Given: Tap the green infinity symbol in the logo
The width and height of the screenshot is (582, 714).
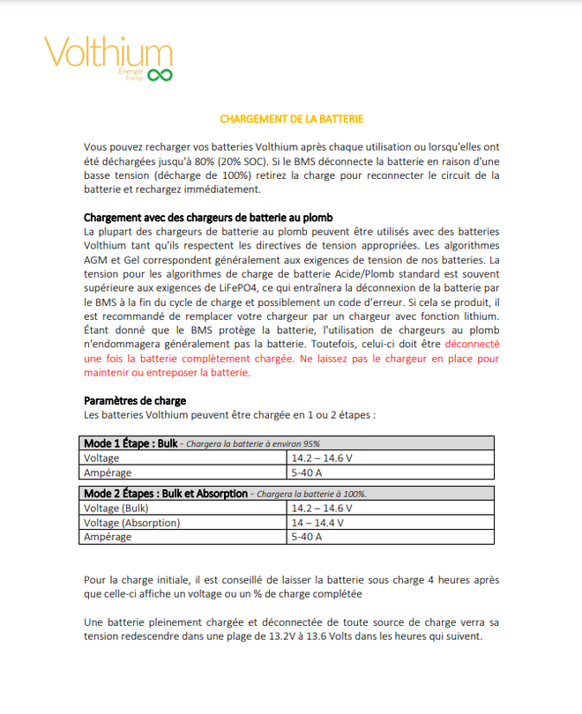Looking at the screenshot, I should coord(159,76).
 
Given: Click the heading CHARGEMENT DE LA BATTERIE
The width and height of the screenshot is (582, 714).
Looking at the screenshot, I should coord(291,118).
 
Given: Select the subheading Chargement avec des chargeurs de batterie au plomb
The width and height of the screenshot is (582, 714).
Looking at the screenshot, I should coord(208,218).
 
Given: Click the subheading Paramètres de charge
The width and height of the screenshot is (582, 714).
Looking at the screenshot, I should coord(134,401).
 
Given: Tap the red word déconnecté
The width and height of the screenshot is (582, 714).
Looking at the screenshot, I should coord(473,345).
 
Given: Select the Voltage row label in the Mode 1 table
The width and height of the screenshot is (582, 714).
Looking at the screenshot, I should coord(101,458).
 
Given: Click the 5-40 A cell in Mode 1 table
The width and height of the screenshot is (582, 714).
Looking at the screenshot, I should coord(307,472).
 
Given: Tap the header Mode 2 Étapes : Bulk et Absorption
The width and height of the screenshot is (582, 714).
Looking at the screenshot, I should coord(166,494).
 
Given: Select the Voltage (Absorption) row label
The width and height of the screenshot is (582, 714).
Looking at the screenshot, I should coord(131,523).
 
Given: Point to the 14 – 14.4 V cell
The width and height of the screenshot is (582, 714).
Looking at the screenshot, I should coord(317,523).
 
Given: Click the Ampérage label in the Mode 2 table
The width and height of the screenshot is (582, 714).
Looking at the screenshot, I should coord(108,537).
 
